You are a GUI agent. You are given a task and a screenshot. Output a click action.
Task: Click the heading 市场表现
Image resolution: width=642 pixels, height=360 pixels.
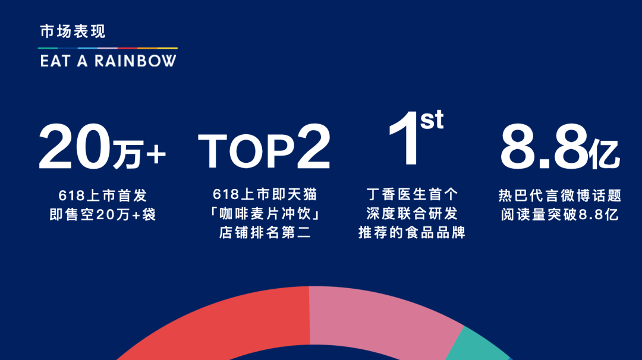click(73, 31)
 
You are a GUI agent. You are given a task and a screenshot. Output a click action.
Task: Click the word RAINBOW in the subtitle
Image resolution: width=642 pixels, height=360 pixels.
click(136, 61)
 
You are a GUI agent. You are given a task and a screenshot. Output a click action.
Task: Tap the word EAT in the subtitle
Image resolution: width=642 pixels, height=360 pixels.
click(55, 61)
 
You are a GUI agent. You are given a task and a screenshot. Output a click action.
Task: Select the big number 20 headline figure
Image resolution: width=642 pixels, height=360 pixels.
click(75, 147)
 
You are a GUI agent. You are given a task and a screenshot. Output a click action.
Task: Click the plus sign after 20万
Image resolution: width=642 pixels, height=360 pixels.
click(156, 154)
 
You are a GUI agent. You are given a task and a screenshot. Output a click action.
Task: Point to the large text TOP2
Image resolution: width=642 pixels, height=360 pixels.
click(264, 147)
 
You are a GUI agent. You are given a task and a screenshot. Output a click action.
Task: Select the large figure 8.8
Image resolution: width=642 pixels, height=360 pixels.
click(544, 147)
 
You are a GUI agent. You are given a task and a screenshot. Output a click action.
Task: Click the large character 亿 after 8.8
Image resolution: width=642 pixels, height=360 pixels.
click(604, 154)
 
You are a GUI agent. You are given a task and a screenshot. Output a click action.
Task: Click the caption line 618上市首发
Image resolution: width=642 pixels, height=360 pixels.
click(102, 195)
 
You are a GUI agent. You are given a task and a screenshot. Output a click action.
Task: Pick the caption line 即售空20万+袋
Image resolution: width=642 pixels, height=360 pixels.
click(102, 214)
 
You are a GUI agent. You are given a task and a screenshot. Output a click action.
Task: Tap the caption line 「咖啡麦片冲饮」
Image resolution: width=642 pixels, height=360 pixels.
click(265, 213)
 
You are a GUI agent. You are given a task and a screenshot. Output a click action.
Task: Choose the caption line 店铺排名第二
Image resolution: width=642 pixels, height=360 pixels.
click(265, 233)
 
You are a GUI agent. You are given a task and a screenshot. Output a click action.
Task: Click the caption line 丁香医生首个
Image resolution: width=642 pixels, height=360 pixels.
click(412, 194)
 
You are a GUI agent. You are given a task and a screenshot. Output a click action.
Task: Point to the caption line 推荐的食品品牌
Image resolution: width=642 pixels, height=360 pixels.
click(412, 233)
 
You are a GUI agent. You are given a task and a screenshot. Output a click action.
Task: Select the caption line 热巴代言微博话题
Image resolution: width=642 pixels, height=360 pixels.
click(560, 195)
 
